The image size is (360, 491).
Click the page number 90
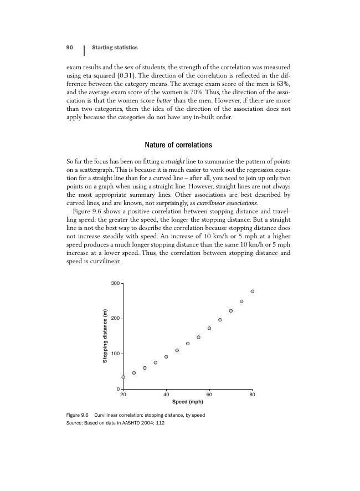[70, 47]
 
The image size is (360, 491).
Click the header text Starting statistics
[115, 47]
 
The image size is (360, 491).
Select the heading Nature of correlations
[178, 145]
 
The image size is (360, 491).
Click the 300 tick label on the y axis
[115, 284]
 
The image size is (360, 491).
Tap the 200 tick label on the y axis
[115, 319]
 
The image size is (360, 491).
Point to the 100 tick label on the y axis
[115, 354]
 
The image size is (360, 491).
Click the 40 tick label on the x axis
[166, 394]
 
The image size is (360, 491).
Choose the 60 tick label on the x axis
[209, 394]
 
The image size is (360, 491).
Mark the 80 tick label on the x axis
[252, 394]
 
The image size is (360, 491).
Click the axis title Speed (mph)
[188, 402]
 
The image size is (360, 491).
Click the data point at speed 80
[252, 291]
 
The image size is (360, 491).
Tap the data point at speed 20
[123, 377]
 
